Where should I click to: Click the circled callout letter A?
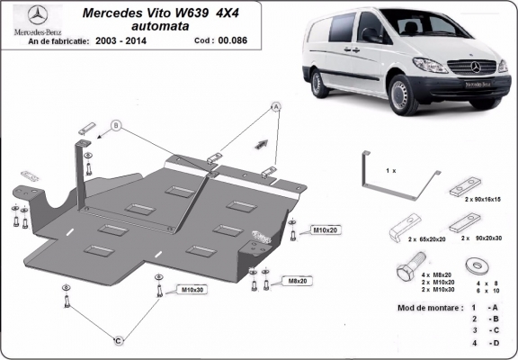coord(276,106)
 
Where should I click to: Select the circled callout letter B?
coord(116,124)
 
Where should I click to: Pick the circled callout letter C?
coord(118,340)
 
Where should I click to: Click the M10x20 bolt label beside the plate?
coord(326,231)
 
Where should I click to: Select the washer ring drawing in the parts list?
coord(475,266)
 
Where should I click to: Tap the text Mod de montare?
coord(428,307)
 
